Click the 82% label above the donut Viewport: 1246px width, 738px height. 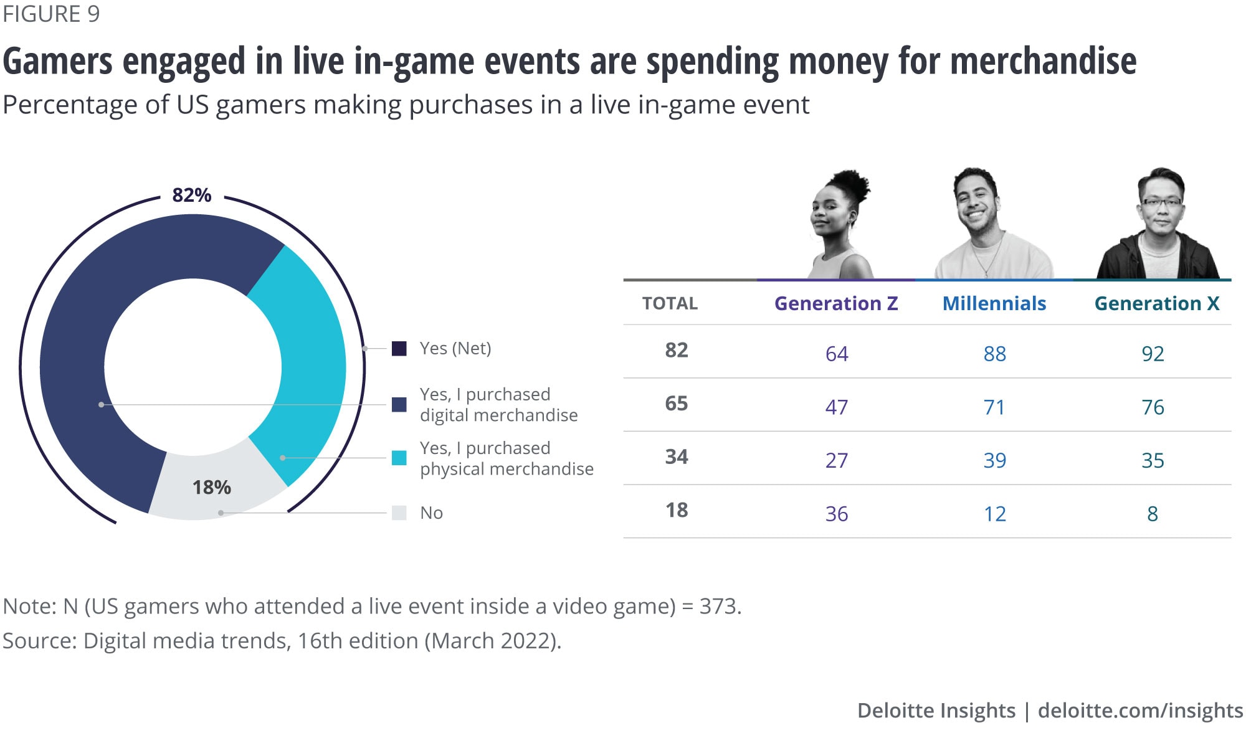point(192,196)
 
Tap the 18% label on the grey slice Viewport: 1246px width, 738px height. point(211,487)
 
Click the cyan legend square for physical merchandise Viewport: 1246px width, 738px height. point(399,458)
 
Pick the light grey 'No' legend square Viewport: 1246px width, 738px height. point(399,513)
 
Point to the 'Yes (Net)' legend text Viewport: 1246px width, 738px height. point(455,348)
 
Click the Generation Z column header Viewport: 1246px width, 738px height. point(836,303)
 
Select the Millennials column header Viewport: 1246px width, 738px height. point(994,303)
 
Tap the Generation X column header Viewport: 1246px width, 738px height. point(1157,303)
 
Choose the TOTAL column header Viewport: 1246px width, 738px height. point(670,303)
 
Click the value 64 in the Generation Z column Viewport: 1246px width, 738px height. point(837,354)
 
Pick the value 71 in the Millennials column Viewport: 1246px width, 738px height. point(994,407)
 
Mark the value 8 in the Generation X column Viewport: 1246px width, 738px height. point(1153,514)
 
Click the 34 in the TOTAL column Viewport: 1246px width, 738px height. point(677,457)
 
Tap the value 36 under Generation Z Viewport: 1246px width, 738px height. point(837,514)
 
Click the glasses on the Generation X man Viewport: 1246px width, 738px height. point(1161,202)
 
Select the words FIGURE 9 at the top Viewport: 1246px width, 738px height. point(51,14)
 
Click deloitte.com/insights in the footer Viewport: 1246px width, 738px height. point(1140,711)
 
